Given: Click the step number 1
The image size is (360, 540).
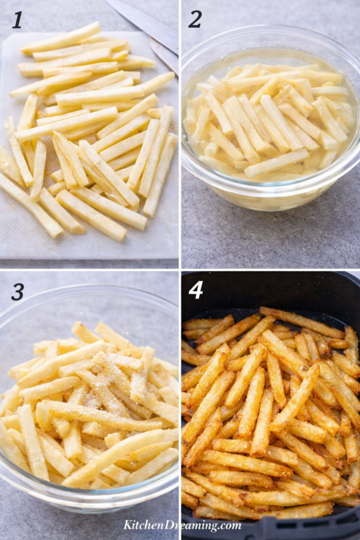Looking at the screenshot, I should [17, 20].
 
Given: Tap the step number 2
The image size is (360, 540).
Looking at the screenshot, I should [195, 20].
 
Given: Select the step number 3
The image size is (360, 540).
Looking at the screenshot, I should [17, 291].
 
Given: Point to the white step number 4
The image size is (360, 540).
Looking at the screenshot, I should [196, 290].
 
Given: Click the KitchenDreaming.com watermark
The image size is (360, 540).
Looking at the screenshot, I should [182, 525].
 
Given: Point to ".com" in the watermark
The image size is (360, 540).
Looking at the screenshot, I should [229, 526].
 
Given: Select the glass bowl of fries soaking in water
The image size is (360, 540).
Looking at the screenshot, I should [270, 121].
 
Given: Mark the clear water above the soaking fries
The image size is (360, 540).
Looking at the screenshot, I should [232, 58].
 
